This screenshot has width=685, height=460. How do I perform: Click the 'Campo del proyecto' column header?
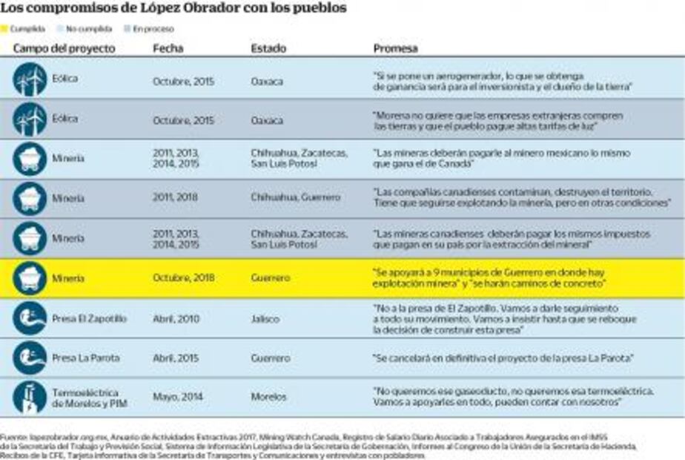click(x=64, y=48)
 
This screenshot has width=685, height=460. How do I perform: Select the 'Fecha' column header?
click(x=168, y=48)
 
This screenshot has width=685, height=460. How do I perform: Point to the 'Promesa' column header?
click(x=395, y=48)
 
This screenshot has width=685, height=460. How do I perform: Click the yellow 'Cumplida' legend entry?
click(x=23, y=29)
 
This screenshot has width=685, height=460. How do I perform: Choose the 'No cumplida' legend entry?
click(x=84, y=29)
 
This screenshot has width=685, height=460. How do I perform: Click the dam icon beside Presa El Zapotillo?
click(x=30, y=318)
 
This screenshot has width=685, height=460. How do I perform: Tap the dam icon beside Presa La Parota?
click(x=30, y=358)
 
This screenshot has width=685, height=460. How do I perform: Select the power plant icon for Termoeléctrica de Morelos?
click(x=30, y=397)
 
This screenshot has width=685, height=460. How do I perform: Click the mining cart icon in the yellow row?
click(x=30, y=278)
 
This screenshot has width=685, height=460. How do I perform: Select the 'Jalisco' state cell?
click(x=265, y=318)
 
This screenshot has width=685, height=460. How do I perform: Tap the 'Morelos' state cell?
click(x=268, y=397)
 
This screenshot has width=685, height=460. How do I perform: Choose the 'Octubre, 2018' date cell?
click(x=183, y=278)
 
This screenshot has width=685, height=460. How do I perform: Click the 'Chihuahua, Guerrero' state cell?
click(x=295, y=198)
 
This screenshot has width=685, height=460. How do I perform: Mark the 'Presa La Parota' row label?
click(x=85, y=358)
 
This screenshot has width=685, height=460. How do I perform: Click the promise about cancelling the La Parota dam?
click(x=502, y=358)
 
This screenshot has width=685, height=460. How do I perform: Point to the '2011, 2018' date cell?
click(x=175, y=198)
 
